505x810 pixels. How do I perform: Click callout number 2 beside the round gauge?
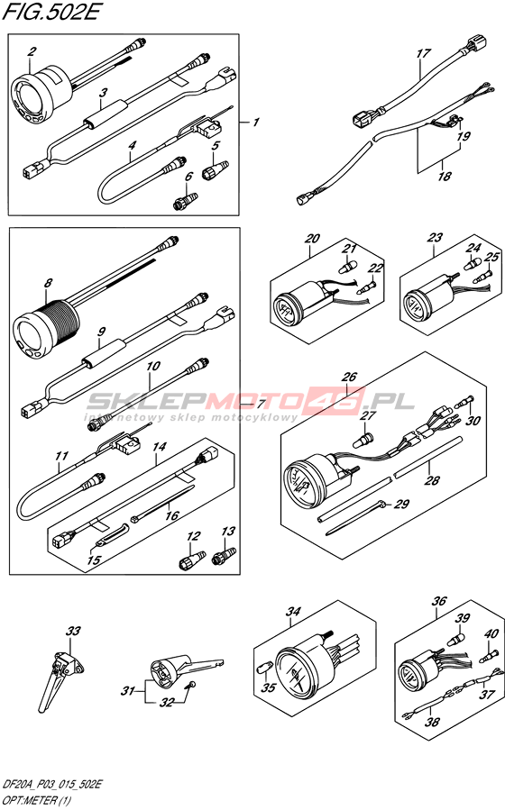32,51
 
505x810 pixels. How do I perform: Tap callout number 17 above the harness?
423,52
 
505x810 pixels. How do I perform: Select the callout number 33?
73,631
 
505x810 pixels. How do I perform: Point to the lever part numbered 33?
60,674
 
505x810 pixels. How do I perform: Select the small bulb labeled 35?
263,668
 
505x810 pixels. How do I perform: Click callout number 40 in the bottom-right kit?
491,633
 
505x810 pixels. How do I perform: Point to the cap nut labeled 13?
225,556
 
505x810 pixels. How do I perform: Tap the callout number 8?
48,283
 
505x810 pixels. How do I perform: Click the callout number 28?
432,480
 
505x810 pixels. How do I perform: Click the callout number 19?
464,136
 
